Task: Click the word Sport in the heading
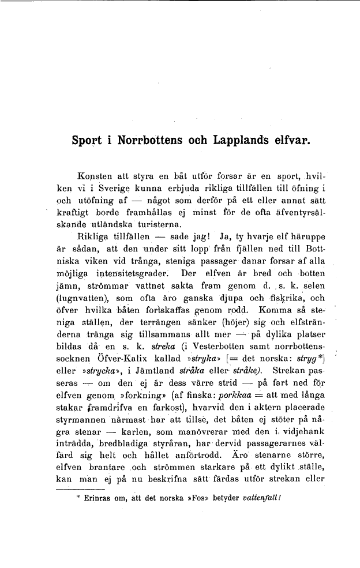86,140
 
